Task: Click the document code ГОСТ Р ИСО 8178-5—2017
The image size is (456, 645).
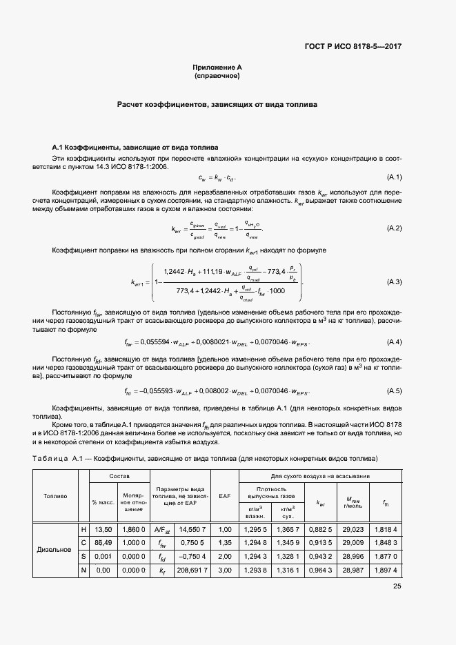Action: pos(353,47)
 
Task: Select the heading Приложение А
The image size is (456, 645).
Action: pos(217,67)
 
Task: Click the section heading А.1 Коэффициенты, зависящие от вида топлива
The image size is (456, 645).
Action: pos(135,148)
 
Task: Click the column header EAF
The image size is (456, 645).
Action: pos(224,495)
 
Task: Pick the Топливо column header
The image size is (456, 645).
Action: pos(55,495)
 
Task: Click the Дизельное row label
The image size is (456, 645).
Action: pos(55,550)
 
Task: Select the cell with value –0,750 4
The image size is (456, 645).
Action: pos(191,557)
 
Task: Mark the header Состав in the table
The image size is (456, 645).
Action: pos(119,477)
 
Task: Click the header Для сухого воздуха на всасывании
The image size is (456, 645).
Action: pos(320,477)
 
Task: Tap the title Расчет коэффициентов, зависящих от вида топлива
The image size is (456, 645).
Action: pos(217,106)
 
